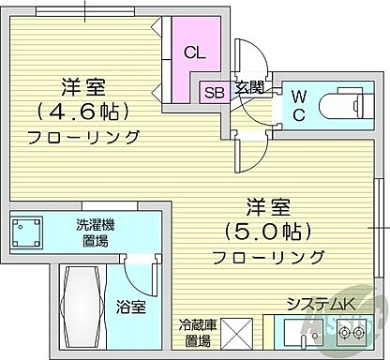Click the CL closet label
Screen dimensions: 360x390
195,53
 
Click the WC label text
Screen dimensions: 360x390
298,104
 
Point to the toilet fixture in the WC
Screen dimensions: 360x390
346,104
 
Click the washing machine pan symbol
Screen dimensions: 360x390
29,231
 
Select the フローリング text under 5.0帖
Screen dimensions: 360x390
267,257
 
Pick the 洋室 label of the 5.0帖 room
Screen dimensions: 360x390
267,203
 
